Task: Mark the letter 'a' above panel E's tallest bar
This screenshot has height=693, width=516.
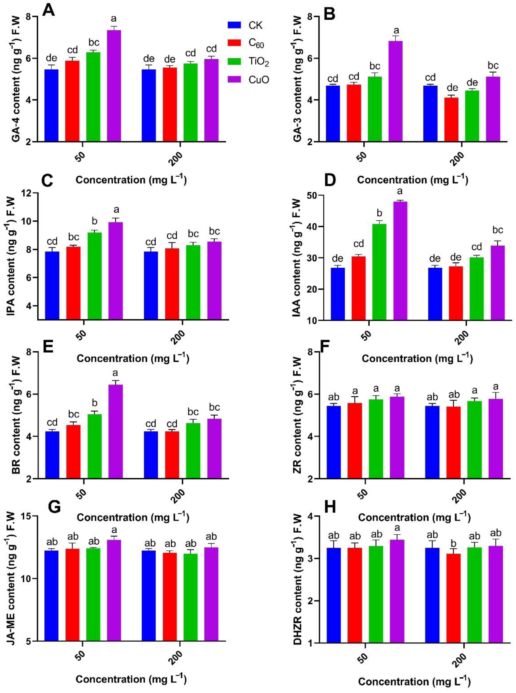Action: click(115, 373)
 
